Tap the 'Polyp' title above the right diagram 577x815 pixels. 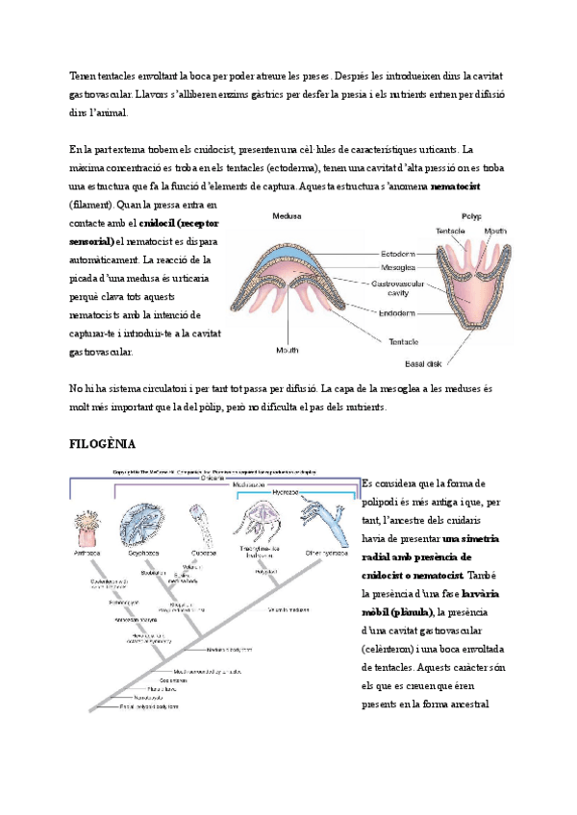472,217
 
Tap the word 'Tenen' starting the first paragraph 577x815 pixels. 85,76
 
